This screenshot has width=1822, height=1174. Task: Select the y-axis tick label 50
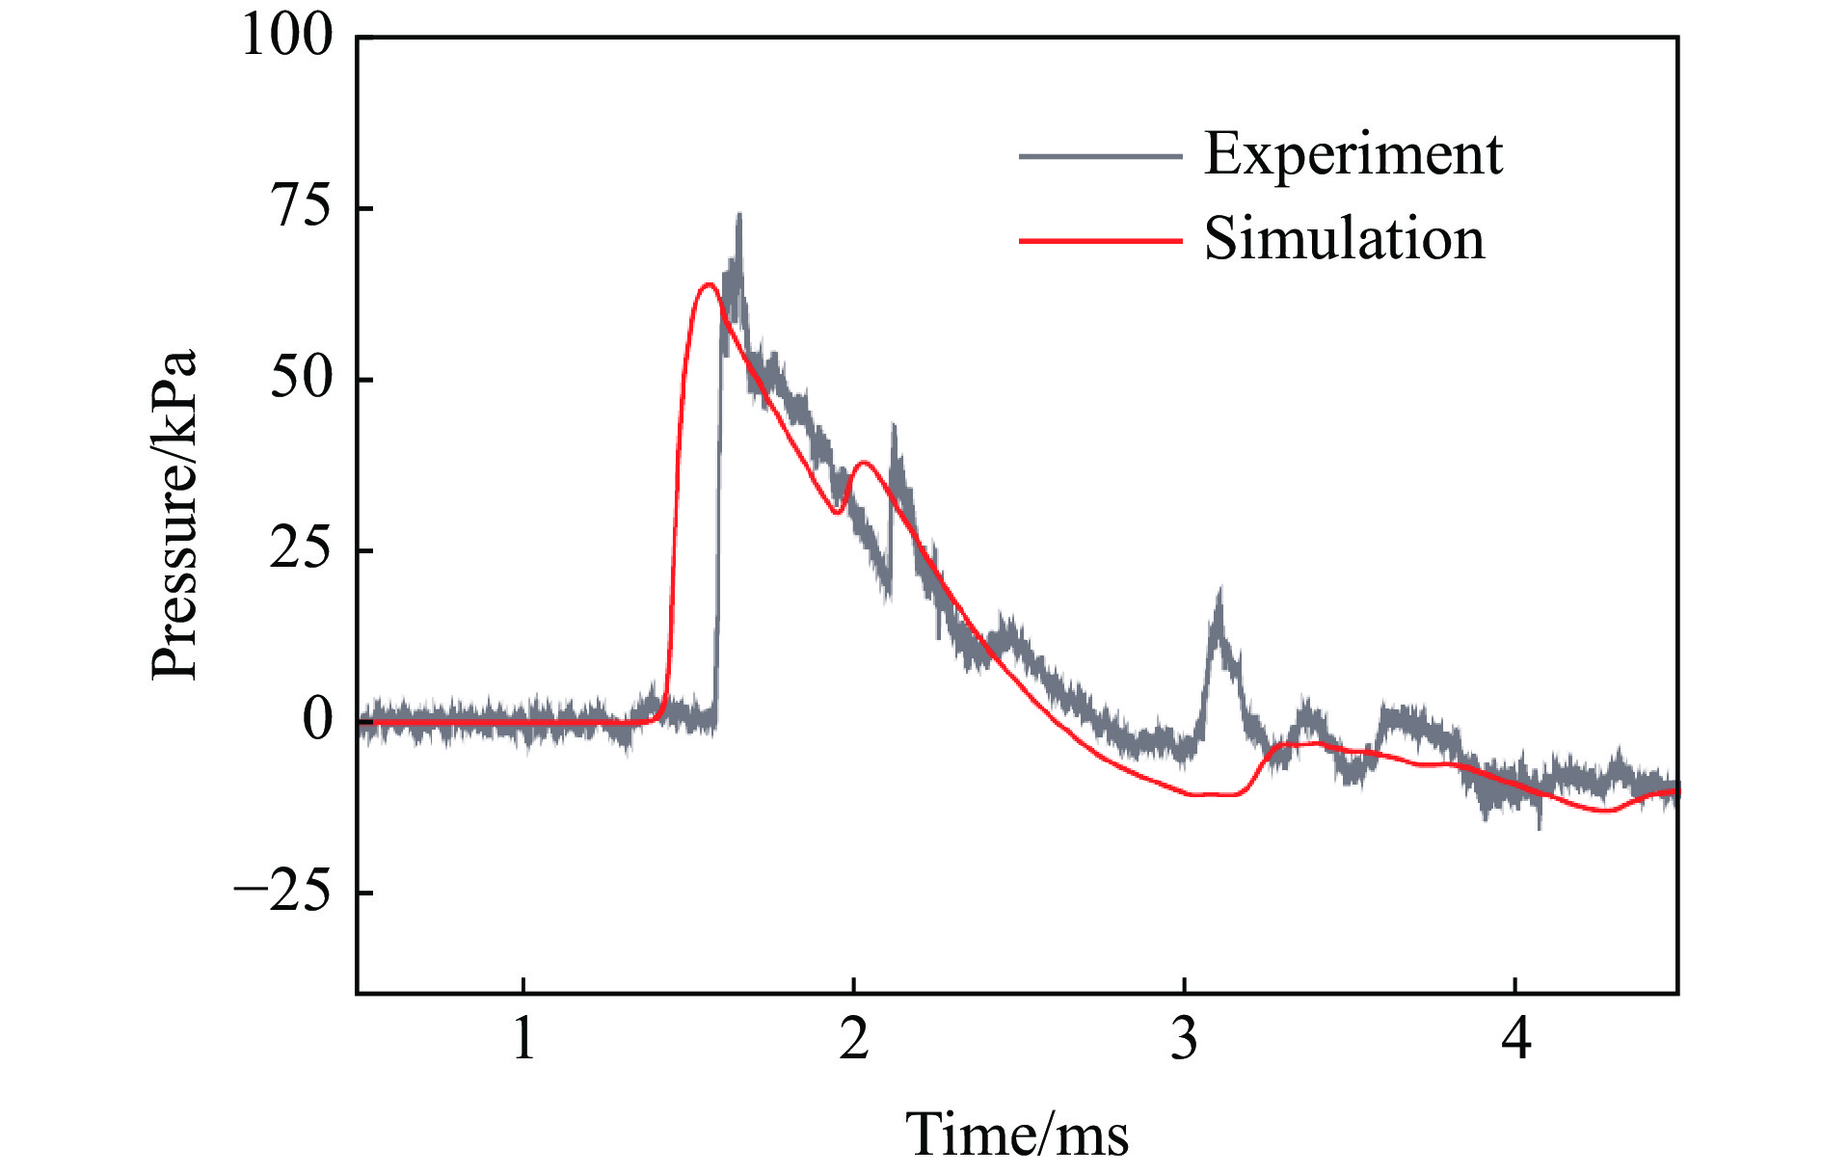tap(301, 378)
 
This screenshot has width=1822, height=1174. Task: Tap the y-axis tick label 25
tap(301, 549)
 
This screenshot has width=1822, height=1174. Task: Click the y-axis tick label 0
tap(317, 720)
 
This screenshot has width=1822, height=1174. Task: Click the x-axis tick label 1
tap(523, 1039)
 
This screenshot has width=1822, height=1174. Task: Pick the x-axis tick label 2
tap(854, 1039)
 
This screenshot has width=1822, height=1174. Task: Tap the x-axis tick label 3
tap(1185, 1039)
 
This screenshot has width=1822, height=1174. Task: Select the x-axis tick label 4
tap(1516, 1039)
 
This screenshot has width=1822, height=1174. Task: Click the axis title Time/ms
tap(1017, 1134)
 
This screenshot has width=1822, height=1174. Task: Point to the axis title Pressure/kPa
tap(174, 515)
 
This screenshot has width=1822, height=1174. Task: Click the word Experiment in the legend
tap(1353, 154)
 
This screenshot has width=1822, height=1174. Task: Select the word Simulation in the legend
tap(1344, 239)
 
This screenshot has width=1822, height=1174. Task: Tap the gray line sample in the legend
tap(1100, 156)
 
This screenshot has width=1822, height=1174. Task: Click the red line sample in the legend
tap(1100, 240)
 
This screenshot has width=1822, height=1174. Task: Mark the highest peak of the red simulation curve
tap(709, 284)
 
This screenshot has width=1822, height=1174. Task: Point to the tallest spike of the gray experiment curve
tap(738, 216)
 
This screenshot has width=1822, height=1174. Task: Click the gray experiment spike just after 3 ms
tap(1219, 593)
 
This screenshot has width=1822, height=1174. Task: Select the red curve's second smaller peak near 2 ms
tap(864, 463)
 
